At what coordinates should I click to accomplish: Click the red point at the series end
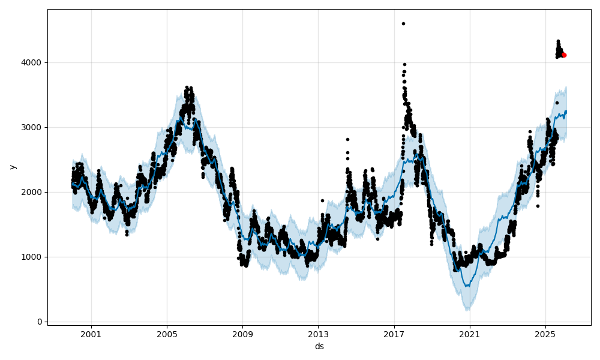click(564, 55)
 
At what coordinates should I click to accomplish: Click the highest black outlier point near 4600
click(403, 23)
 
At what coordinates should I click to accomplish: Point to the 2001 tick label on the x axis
click(91, 334)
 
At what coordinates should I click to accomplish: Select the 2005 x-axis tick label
click(167, 334)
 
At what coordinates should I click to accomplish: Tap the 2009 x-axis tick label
click(242, 334)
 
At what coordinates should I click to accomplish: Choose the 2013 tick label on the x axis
click(318, 334)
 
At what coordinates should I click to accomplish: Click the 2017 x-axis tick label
click(394, 334)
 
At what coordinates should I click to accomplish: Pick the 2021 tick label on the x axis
click(470, 334)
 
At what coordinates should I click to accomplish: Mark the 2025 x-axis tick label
click(545, 334)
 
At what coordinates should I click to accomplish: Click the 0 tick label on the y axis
click(40, 322)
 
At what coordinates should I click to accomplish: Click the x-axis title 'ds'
click(319, 346)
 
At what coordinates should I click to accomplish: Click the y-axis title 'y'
click(11, 167)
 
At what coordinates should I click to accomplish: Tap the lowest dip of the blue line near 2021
click(467, 286)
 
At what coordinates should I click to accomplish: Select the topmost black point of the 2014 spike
click(347, 139)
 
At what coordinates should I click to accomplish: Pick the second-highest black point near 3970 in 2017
click(404, 64)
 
